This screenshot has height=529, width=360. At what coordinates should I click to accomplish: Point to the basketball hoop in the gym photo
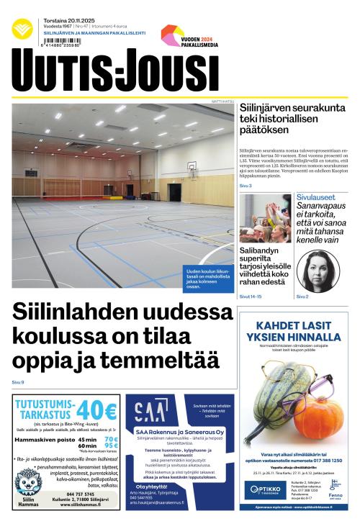coord(192,166)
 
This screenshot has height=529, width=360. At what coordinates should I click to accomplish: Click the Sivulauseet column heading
coord(318,196)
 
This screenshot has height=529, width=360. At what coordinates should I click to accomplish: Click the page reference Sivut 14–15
coord(250,297)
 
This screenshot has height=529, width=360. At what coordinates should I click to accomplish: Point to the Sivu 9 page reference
coord(18,382)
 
